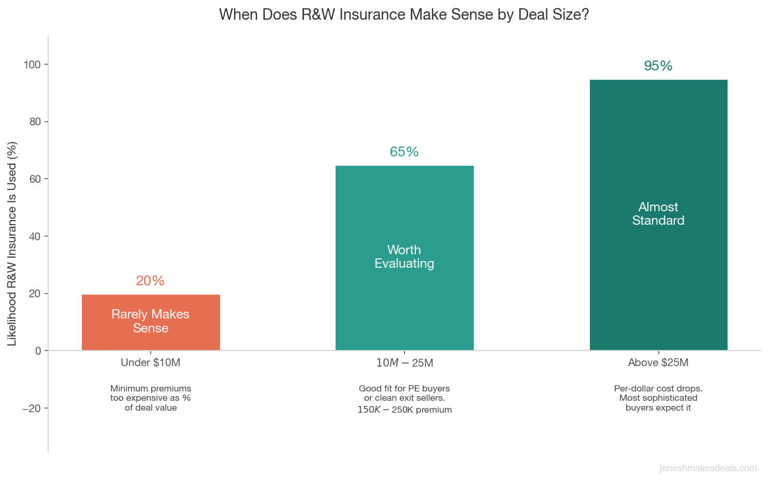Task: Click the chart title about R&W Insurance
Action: pyautogui.click(x=404, y=14)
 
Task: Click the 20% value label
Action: pyautogui.click(x=150, y=281)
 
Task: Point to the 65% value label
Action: pyautogui.click(x=404, y=152)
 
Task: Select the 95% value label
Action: pyautogui.click(x=658, y=66)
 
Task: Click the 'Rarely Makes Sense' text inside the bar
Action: pyautogui.click(x=151, y=321)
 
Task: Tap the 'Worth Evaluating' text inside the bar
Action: pyautogui.click(x=404, y=256)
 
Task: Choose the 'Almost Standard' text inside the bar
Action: pyautogui.click(x=658, y=213)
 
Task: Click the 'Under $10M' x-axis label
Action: pyautogui.click(x=150, y=362)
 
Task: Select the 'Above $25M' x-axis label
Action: pyautogui.click(x=658, y=362)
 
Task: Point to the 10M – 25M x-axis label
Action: pyautogui.click(x=404, y=363)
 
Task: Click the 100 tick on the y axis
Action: pyautogui.click(x=32, y=65)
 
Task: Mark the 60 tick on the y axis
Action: pyautogui.click(x=35, y=179)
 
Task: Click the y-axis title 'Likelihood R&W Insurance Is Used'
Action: pyautogui.click(x=12, y=243)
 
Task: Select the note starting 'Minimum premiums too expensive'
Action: pyautogui.click(x=151, y=398)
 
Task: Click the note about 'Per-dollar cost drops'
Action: pyautogui.click(x=658, y=398)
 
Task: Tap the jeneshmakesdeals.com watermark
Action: pyautogui.click(x=708, y=468)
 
